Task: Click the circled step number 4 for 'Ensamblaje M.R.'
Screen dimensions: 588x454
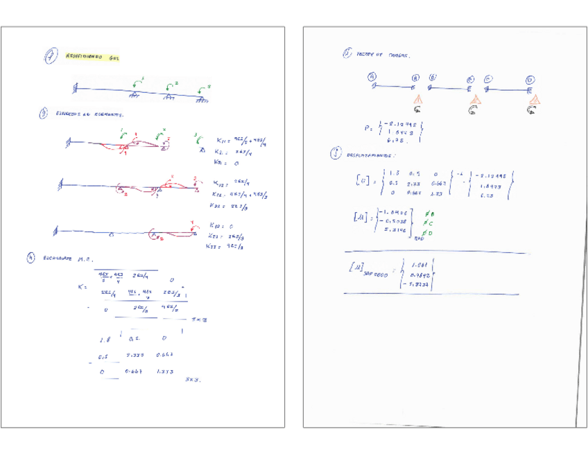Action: pyautogui.click(x=31, y=258)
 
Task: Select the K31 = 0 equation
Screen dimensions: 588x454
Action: pyautogui.click(x=224, y=163)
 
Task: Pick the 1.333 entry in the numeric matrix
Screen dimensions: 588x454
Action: pyautogui.click(x=165, y=372)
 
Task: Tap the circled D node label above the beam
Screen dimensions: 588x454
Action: pyautogui.click(x=530, y=80)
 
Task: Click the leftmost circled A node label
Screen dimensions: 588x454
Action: pyautogui.click(x=373, y=77)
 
